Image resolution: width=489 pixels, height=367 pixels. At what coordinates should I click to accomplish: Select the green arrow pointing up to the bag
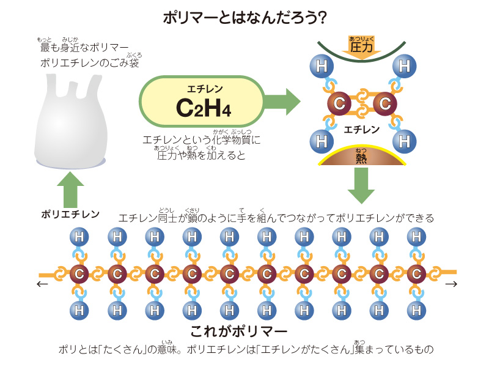coord(70,188)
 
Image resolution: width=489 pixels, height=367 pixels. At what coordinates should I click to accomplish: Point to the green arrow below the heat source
coord(361,185)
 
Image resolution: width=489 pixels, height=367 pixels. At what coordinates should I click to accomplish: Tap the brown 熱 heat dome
coord(361,157)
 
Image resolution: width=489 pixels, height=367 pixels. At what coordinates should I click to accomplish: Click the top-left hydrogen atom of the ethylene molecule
coord(320,64)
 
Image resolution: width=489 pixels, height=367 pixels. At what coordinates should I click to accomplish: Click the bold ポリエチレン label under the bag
coord(70,214)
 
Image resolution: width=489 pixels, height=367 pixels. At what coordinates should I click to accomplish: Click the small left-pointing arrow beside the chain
coord(42,284)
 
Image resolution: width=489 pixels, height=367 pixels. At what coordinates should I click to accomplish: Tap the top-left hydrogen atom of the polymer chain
coord(79,236)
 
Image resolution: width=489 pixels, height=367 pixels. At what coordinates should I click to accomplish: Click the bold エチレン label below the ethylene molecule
coord(362,130)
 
